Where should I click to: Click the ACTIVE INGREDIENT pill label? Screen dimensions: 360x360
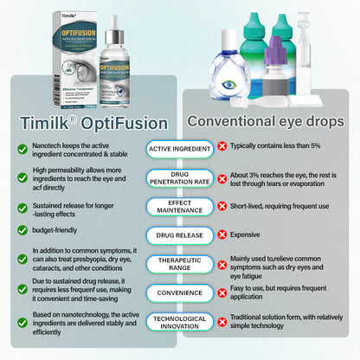pyautogui.click(x=180, y=149)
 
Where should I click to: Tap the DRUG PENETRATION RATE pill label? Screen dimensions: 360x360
pyautogui.click(x=180, y=177)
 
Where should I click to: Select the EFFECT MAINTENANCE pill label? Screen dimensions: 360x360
pyautogui.click(x=180, y=206)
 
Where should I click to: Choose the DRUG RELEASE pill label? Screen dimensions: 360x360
pyautogui.click(x=180, y=235)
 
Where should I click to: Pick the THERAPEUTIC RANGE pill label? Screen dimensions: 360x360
pyautogui.click(x=180, y=264)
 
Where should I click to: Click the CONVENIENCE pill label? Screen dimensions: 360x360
pyautogui.click(x=180, y=292)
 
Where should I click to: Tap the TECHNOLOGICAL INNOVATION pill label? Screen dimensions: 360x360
pyautogui.click(x=180, y=321)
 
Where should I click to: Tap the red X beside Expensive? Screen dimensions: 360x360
pyautogui.click(x=222, y=235)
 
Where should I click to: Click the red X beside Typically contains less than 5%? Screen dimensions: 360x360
pyautogui.click(x=222, y=149)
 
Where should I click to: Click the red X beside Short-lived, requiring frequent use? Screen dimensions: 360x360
pyautogui.click(x=222, y=206)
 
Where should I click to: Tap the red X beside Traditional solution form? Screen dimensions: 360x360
pyautogui.click(x=222, y=321)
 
